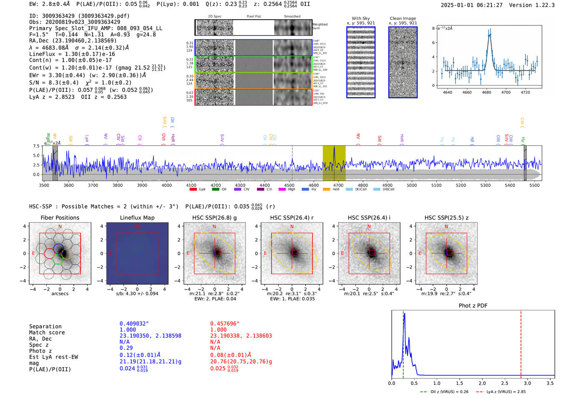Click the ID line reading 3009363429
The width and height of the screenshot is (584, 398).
coord(79,16)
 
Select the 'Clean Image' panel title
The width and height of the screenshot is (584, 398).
coord(403,18)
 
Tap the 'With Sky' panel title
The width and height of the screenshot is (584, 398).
coord(360,18)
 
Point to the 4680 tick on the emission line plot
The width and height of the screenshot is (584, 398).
coord(486,92)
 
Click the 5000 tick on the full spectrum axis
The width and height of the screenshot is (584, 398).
coord(412,185)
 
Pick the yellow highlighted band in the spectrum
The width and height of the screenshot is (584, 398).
coord(334,163)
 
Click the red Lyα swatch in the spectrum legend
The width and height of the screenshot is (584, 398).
coord(193,190)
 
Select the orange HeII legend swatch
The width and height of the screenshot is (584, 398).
coord(326,190)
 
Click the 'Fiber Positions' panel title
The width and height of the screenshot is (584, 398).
coord(60,218)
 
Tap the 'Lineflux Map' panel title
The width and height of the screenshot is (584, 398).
coord(137,218)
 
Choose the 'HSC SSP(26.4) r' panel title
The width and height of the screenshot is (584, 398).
coord(292,218)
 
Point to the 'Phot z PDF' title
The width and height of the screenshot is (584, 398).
coord(473,306)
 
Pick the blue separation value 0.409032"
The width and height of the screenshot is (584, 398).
coord(134,324)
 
